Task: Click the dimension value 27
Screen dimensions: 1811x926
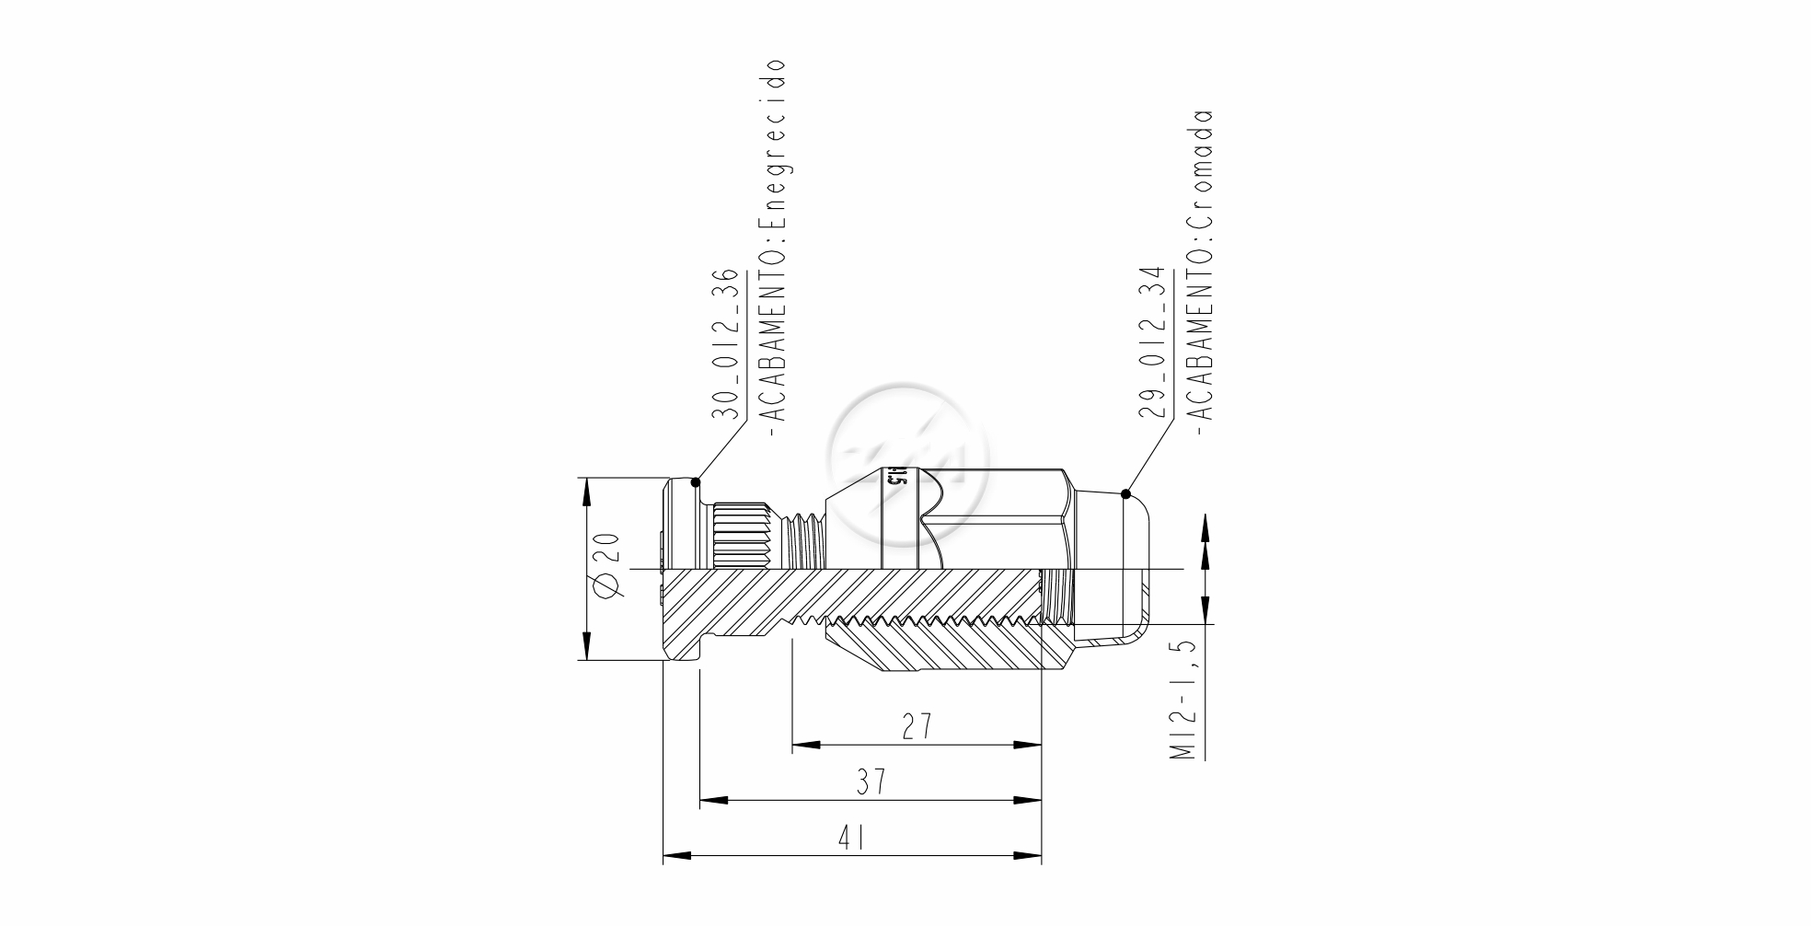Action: coord(917,726)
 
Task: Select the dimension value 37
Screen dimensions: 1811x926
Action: coord(871,781)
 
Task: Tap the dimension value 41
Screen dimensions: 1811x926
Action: coord(851,838)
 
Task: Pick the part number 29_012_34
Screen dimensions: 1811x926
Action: coord(1152,344)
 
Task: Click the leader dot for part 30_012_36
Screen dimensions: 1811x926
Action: coord(696,482)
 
